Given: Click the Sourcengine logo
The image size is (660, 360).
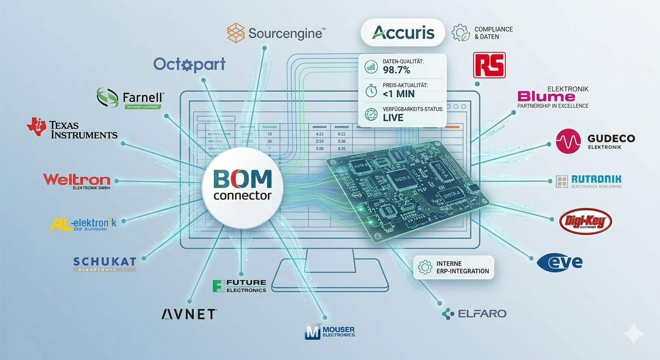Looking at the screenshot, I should coord(276,33).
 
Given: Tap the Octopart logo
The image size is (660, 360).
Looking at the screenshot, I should coord(189,64).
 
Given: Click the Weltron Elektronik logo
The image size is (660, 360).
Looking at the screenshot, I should coord(76,180).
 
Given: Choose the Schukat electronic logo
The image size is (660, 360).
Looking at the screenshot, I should coord(105,263).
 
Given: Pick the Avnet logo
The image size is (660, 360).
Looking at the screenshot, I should coord(189,314).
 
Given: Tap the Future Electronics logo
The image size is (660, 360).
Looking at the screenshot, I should coord(239,286).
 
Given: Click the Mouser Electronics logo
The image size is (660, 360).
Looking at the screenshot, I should coord(330,331).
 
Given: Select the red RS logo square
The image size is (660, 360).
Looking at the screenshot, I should coord(489,65).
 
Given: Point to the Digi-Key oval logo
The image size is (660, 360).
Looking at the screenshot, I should coord(585,221).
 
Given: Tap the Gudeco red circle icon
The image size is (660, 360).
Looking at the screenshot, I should coord(568,141).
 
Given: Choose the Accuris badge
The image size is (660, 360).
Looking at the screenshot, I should coord(403,32).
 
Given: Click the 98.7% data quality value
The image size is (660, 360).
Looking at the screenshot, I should coord(397,70).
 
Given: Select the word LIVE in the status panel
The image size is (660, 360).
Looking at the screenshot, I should coord(393,117).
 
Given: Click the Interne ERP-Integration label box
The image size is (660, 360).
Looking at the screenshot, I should coord(455,267).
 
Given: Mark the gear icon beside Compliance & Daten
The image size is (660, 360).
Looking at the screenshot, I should coord(460,32).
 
